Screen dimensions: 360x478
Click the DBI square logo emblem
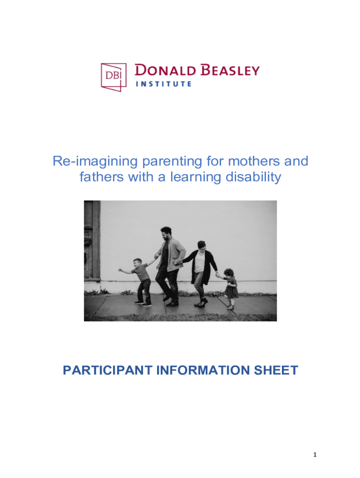click(x=114, y=77)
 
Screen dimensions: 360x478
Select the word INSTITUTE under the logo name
click(x=164, y=84)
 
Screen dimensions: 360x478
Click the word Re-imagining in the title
click(x=95, y=162)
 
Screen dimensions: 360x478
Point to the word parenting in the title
click(x=172, y=162)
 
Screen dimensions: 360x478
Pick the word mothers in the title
click(x=254, y=161)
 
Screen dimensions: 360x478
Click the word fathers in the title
click(x=101, y=177)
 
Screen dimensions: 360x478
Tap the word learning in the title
click(x=196, y=177)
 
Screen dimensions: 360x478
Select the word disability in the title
click(x=253, y=177)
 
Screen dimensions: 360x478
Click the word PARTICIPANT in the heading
click(x=108, y=370)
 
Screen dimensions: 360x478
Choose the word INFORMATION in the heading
click(x=203, y=370)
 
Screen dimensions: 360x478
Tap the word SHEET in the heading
click(x=276, y=370)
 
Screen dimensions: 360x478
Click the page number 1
click(x=315, y=455)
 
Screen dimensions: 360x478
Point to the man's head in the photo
click(x=166, y=233)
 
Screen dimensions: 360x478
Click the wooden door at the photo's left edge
click(x=92, y=240)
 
